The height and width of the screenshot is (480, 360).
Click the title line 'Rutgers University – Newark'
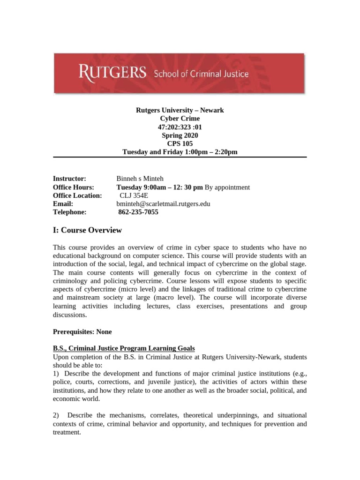pyautogui.click(x=180, y=110)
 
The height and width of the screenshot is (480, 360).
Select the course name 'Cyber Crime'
pyautogui.click(x=180, y=119)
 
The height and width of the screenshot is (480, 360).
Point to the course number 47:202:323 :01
pyautogui.click(x=180, y=127)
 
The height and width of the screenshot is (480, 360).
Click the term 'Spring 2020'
pyautogui.click(x=180, y=135)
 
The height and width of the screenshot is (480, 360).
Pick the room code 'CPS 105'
pyautogui.click(x=180, y=144)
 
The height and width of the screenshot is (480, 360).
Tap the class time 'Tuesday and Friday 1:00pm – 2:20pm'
pyautogui.click(x=180, y=152)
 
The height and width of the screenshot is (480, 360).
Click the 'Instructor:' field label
pyautogui.click(x=69, y=179)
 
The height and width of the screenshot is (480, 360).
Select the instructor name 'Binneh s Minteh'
pyautogui.click(x=140, y=179)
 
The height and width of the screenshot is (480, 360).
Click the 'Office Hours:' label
pyautogui.click(x=74, y=187)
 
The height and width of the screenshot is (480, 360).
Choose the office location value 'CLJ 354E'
pyautogui.click(x=134, y=195)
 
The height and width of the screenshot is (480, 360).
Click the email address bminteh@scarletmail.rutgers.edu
pyautogui.click(x=163, y=204)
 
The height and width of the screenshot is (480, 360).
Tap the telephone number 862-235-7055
pyautogui.click(x=138, y=212)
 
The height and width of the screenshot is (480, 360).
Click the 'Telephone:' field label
pyautogui.click(x=70, y=212)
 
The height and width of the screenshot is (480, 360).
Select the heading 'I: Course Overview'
pyautogui.click(x=87, y=230)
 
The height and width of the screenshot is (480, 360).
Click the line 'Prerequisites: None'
pyautogui.click(x=82, y=331)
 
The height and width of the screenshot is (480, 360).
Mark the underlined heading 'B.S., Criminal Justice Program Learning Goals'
pyautogui.click(x=124, y=348)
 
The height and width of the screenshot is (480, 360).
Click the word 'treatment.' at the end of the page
pyautogui.click(x=67, y=433)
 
